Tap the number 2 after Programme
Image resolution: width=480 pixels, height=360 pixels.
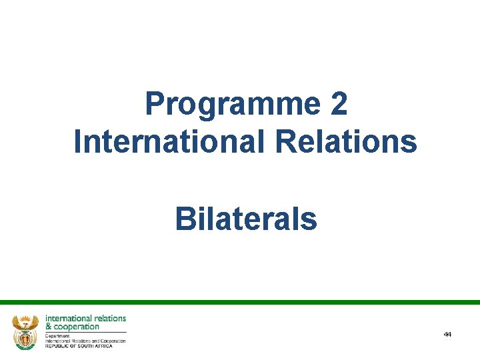pyautogui.click(x=339, y=104)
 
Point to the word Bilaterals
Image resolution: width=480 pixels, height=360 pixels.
pyautogui.click(x=246, y=219)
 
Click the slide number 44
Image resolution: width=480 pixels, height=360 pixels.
pyautogui.click(x=447, y=334)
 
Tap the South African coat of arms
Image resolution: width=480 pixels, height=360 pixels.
pyautogui.click(x=26, y=331)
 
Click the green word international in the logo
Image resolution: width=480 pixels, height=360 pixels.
pyautogui.click(x=67, y=319)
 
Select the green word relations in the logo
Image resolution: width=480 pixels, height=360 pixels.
pyautogui.click(x=109, y=319)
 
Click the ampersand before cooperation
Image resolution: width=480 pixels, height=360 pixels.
pyautogui.click(x=49, y=327)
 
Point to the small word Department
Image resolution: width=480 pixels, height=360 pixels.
pyautogui.click(x=58, y=335)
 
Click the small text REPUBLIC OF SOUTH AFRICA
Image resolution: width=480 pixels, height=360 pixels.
pyautogui.click(x=79, y=346)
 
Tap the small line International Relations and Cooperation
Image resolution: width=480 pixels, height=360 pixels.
pyautogui.click(x=85, y=341)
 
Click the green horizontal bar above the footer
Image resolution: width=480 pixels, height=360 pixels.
pyautogui.click(x=240, y=302)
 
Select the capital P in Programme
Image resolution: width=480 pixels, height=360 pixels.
pyautogui.click(x=154, y=104)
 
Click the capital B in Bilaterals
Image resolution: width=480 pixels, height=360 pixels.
pyautogui.click(x=184, y=219)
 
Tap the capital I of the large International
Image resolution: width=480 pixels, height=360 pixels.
pyautogui.click(x=77, y=141)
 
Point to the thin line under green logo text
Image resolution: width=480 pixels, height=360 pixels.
pyautogui.click(x=85, y=332)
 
